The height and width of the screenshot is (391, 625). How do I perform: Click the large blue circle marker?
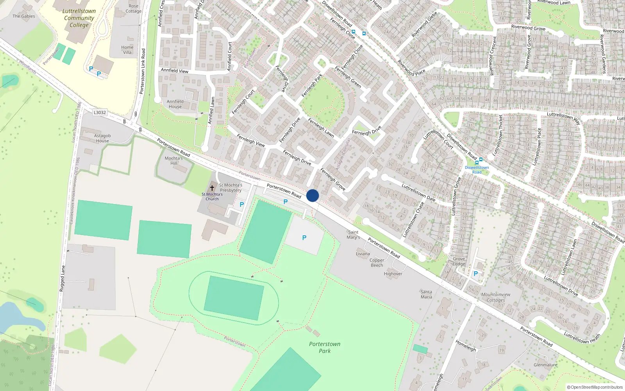coord(312,195)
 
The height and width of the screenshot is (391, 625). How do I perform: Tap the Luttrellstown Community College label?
coord(79,18)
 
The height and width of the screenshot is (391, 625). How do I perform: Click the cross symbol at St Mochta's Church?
coord(212,188)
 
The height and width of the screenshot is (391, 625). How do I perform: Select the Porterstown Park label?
coord(325,347)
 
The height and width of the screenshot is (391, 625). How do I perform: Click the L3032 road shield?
coord(100,112)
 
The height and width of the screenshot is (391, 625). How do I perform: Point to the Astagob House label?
coord(102,138)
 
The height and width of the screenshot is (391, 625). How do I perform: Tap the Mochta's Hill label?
coord(173,161)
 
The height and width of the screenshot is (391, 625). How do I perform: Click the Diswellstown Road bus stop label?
coord(477,170)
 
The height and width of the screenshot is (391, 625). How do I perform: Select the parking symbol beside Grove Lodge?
coord(475,274)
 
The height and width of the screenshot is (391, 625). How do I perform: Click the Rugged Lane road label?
coord(62,278)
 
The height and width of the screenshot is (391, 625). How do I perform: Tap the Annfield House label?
coord(175,104)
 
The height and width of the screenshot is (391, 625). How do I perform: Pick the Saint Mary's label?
coord(353,235)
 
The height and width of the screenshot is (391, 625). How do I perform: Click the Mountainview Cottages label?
coord(496,297)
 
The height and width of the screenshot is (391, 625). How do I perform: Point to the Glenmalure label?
coord(545,365)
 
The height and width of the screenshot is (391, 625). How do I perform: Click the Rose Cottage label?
coord(134,9)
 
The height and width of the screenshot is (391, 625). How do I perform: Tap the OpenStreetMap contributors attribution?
coord(595,387)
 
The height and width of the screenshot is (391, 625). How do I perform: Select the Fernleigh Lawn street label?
coord(321,127)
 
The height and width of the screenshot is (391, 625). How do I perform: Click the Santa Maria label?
coord(426,294)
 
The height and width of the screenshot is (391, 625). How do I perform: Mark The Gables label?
coord(23,16)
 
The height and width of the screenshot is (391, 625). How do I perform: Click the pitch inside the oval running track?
coord(234,298)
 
